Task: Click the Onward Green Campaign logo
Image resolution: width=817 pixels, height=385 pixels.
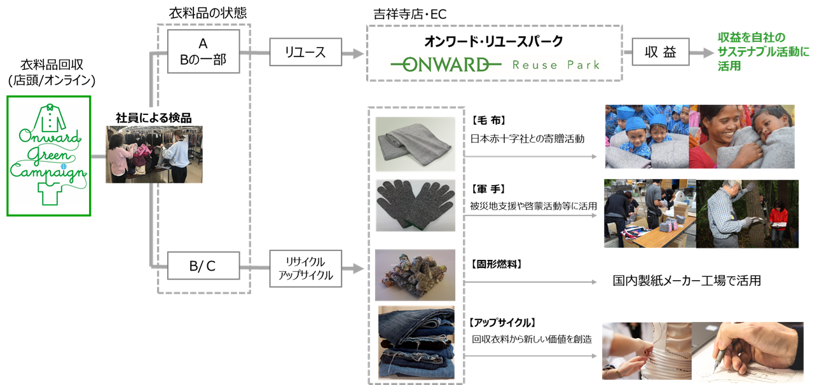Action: (49, 156)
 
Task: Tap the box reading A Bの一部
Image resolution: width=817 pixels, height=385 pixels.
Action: (203, 51)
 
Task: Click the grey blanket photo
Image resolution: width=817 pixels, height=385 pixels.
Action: (415, 144)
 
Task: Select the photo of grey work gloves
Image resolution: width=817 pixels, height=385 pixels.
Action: (415, 206)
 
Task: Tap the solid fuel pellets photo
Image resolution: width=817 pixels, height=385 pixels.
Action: (415, 274)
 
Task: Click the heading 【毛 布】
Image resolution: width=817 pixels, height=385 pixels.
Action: (488, 120)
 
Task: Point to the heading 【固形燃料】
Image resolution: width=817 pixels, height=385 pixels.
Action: (497, 263)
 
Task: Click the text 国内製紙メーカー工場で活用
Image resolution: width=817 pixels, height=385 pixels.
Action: (686, 280)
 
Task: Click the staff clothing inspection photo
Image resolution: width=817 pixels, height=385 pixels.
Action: (154, 154)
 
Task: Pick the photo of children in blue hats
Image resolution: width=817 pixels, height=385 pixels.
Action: (646, 137)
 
